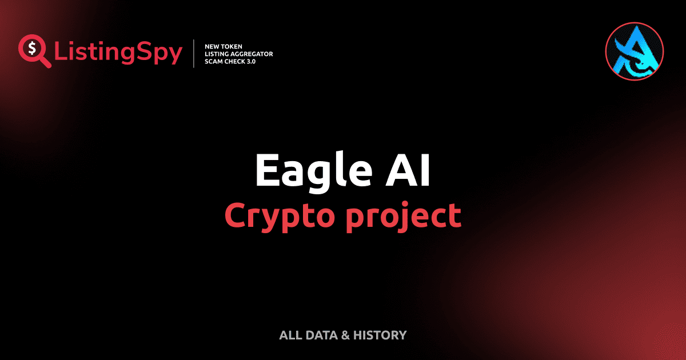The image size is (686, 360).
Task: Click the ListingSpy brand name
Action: (118, 53)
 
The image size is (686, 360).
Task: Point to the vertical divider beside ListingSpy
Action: (195, 53)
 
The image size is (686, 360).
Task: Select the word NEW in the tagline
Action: (213, 46)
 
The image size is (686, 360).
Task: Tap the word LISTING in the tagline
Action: (216, 53)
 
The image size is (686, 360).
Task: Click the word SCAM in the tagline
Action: (214, 61)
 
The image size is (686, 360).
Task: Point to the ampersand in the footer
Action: (345, 335)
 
